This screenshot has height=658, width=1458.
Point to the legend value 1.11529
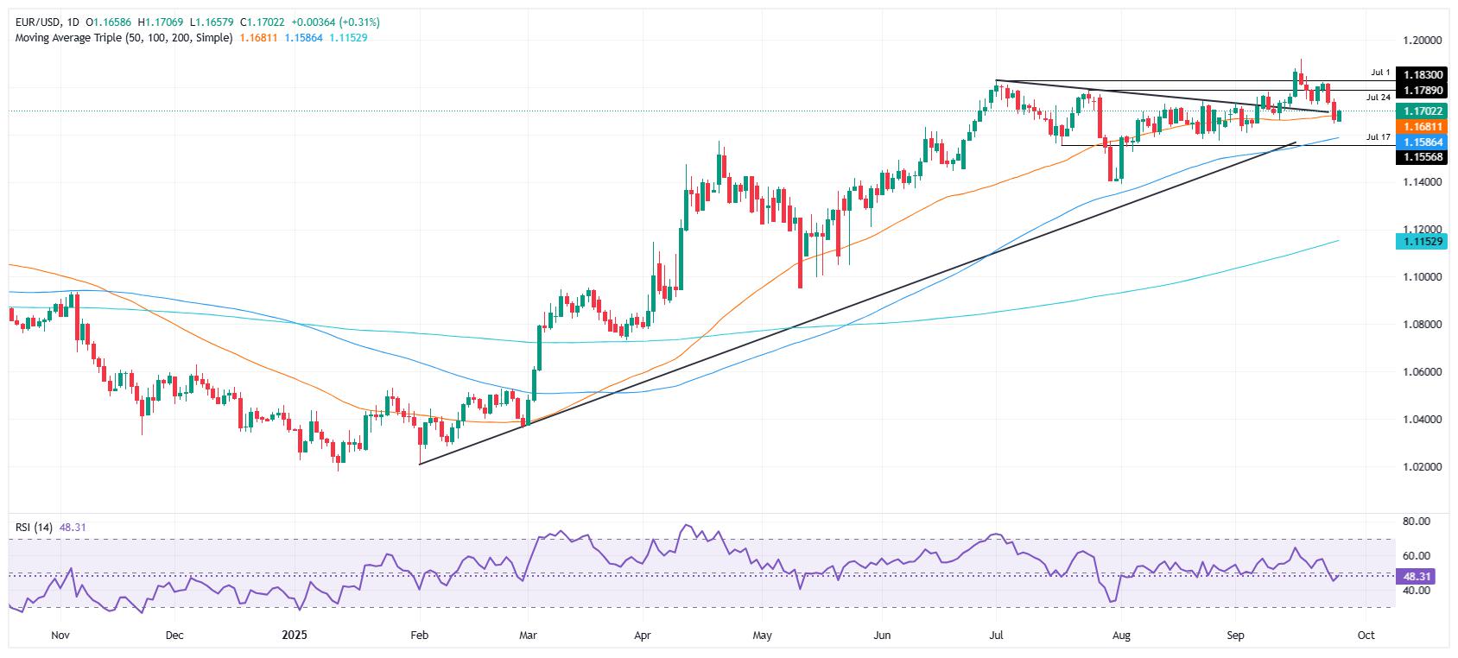(x=349, y=38)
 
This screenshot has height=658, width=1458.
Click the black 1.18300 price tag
(x=1421, y=76)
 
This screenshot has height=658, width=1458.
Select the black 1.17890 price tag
(x=1421, y=90)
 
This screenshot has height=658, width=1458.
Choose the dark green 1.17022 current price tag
(x=1421, y=111)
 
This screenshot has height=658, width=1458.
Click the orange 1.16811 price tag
(x=1421, y=126)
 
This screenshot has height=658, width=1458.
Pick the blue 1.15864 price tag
(x=1421, y=142)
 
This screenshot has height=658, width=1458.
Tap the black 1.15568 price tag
(x=1421, y=156)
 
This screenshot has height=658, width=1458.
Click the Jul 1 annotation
(x=1380, y=73)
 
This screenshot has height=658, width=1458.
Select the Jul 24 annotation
(x=1378, y=98)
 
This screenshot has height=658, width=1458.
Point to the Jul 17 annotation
(x=1378, y=137)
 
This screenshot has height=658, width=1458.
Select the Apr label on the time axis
(x=642, y=636)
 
